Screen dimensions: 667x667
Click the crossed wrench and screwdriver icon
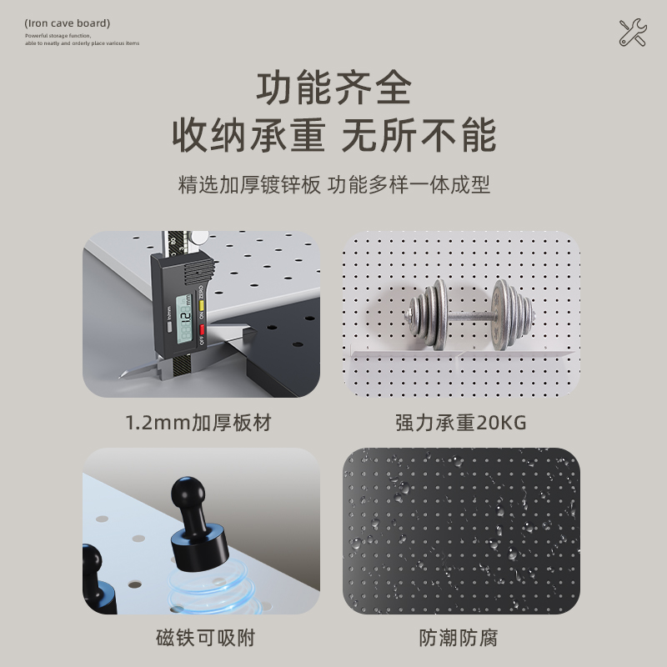point(633,33)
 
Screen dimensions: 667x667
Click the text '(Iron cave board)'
point(67,23)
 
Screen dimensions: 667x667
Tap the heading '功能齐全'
point(333,88)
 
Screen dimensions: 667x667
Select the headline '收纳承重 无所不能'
point(333,135)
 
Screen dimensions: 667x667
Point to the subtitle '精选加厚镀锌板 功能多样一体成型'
point(333,185)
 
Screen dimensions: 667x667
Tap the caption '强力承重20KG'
point(461,423)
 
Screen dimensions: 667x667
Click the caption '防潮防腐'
point(461,639)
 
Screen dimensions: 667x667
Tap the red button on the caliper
point(200,329)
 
